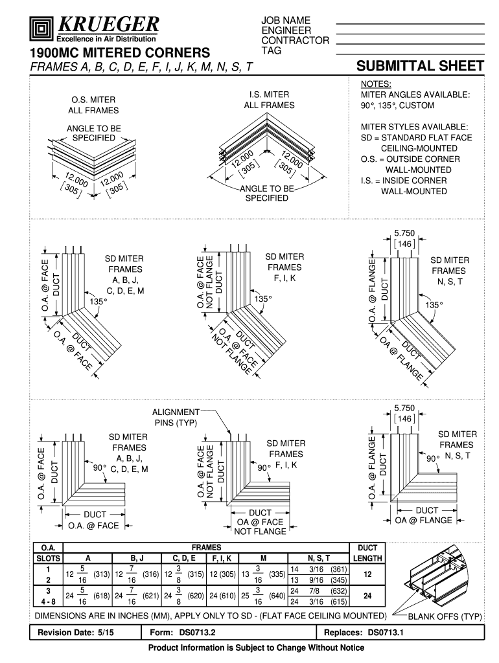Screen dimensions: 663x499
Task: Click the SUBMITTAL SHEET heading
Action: [x=421, y=66]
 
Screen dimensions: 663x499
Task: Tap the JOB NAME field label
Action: [x=286, y=21]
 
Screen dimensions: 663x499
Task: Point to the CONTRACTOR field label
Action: [x=295, y=41]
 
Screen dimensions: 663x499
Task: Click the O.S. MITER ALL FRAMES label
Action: [x=93, y=106]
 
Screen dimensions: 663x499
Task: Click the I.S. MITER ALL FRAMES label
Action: [x=269, y=100]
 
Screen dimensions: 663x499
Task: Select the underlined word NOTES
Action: [x=376, y=84]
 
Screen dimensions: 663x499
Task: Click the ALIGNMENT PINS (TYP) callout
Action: [x=176, y=418]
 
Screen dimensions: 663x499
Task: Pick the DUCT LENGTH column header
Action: [x=367, y=553]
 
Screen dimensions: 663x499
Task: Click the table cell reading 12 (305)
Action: [x=222, y=574]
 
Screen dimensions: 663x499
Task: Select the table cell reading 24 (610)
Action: [x=222, y=596]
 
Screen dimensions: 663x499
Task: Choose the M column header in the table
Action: [x=263, y=558]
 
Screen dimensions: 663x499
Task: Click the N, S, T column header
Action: [x=319, y=558]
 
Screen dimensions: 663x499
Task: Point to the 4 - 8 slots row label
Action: [x=48, y=601]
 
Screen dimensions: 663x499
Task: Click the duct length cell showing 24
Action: [x=367, y=596]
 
